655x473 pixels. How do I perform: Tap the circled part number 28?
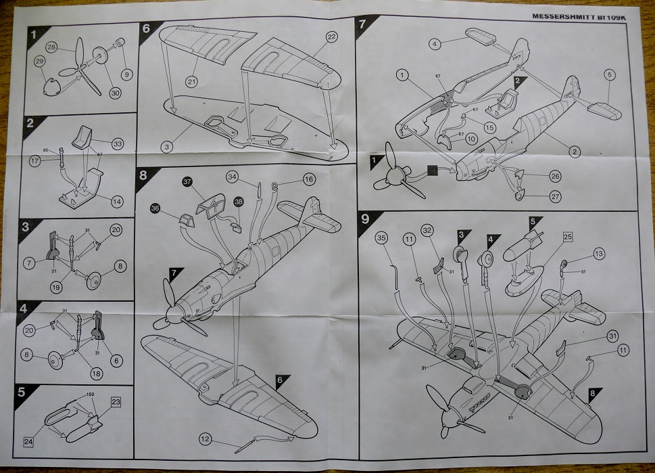(x=51, y=47)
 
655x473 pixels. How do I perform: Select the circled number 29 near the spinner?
(x=39, y=62)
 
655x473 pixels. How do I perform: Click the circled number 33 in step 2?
(x=118, y=143)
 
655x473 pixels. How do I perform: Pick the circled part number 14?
(x=118, y=201)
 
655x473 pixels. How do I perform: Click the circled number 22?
(x=331, y=37)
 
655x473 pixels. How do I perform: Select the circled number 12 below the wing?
(x=204, y=439)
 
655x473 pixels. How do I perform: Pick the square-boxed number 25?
(x=567, y=238)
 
